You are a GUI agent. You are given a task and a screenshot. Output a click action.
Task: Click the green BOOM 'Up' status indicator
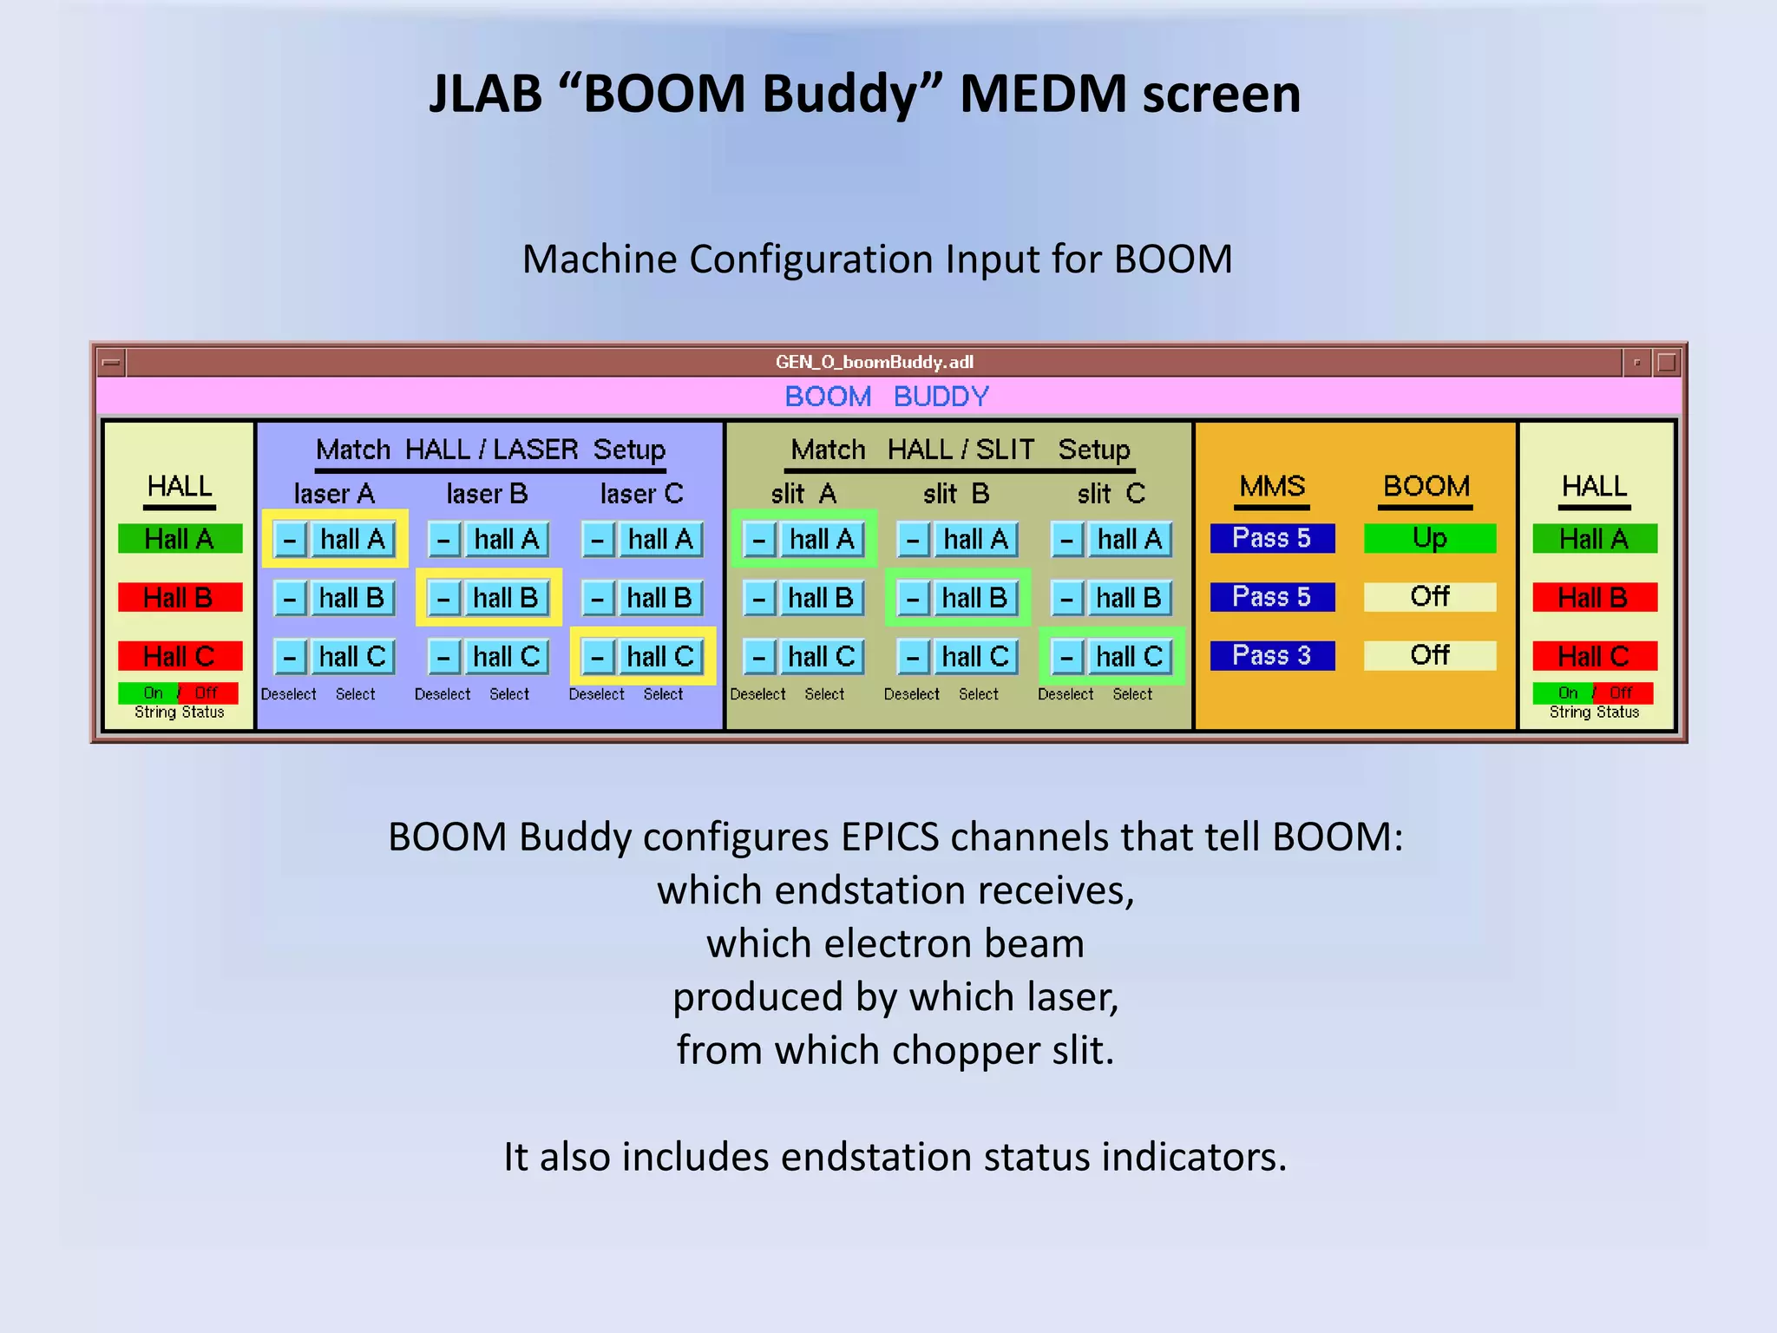(x=1429, y=538)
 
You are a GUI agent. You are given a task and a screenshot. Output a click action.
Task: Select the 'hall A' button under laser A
(x=352, y=539)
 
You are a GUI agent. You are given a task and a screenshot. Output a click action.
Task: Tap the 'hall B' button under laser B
(x=506, y=598)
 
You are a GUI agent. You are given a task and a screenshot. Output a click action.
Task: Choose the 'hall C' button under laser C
(x=660, y=657)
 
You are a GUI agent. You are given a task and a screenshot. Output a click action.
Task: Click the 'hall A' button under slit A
(x=822, y=539)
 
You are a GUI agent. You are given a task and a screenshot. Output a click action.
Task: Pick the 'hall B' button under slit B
(x=975, y=598)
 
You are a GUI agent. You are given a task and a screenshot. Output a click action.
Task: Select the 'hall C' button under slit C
(x=1129, y=657)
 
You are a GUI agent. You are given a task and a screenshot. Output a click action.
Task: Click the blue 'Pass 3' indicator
(x=1272, y=655)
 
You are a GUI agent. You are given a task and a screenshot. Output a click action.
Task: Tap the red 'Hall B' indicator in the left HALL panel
(x=180, y=597)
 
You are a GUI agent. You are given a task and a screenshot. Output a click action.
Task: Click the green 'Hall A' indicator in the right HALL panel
(x=1594, y=539)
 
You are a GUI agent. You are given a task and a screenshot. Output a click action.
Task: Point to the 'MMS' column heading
(x=1272, y=486)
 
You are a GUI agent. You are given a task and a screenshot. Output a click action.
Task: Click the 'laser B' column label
(x=487, y=494)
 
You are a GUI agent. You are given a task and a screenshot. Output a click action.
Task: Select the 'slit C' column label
(x=1111, y=494)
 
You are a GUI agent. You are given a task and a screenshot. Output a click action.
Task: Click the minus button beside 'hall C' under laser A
(x=290, y=657)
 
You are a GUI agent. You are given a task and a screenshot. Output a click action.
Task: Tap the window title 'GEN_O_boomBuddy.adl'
(x=875, y=362)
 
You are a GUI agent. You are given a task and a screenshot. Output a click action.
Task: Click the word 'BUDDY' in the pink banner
(x=941, y=397)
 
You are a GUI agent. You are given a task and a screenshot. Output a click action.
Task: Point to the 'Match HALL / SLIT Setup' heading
(x=961, y=450)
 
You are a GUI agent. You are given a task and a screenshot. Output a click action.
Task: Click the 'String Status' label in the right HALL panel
(x=1594, y=712)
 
